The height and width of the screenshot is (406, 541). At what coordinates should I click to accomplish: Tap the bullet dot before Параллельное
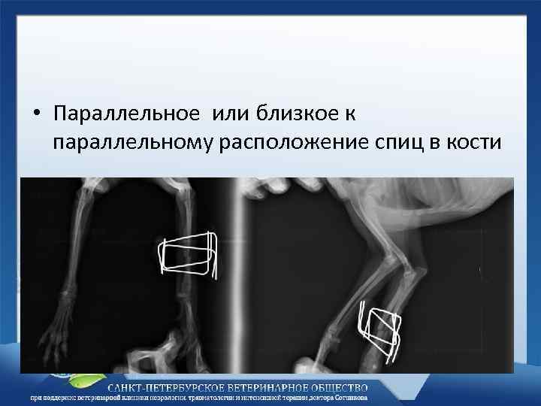coord(35,114)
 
